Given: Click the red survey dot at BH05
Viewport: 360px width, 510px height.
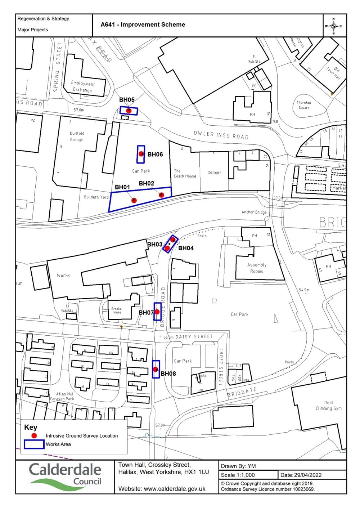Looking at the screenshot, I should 129,111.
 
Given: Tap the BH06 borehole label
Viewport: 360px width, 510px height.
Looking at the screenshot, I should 155,155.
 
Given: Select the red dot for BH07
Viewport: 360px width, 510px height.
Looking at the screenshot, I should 157,312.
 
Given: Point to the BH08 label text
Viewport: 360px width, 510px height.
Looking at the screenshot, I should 168,373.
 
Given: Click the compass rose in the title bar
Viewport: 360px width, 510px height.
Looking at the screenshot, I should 333,26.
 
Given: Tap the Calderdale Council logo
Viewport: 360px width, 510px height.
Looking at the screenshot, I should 65,477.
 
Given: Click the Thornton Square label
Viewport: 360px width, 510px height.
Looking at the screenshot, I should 304,105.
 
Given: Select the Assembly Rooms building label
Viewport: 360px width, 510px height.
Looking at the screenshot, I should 257,268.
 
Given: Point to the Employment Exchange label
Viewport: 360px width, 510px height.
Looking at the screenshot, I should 82,86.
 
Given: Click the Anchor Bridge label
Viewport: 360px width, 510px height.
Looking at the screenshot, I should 254,212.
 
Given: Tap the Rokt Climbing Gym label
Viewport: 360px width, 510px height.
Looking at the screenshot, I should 328,406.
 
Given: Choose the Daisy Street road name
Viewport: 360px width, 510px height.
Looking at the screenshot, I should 194,337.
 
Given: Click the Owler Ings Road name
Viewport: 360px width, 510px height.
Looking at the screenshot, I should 221,135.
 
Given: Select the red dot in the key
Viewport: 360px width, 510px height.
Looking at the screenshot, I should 34,435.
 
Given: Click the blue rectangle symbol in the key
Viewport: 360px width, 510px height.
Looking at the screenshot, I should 34,444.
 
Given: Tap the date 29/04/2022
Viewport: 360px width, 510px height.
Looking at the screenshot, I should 308,475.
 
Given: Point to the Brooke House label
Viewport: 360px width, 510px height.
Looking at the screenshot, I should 116,310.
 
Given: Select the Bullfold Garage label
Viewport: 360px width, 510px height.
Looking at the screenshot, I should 77,137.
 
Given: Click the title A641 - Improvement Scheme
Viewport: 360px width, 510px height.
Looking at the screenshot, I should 143,24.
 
